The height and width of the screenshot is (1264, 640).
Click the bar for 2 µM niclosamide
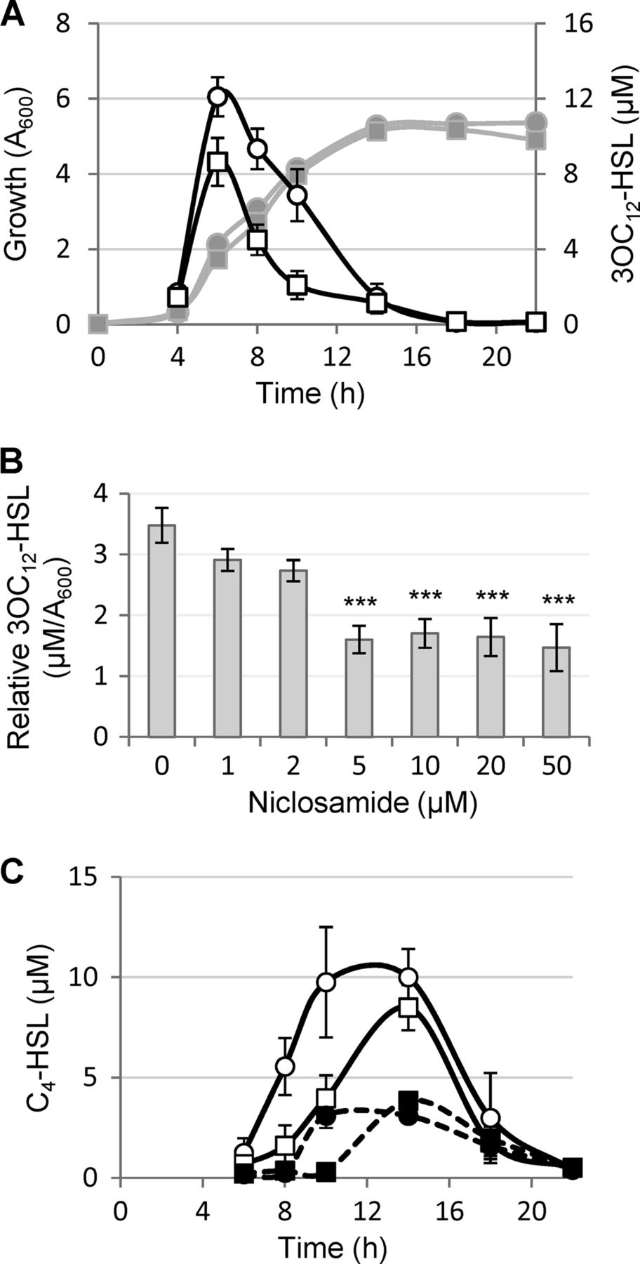294,653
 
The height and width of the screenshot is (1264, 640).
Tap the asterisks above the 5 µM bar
360,603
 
